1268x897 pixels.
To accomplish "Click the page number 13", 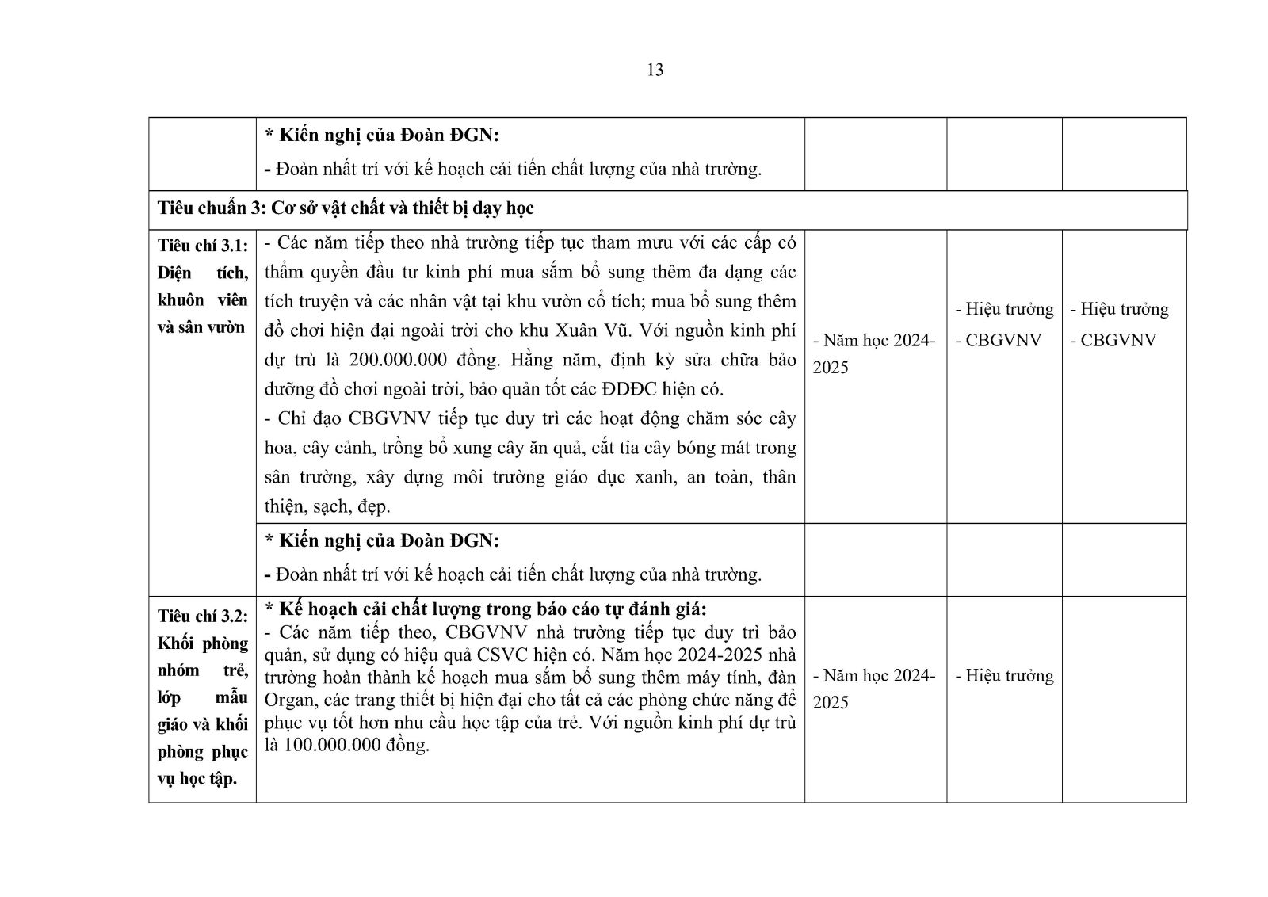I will tap(655, 70).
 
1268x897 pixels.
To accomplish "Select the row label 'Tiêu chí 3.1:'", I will tap(202, 246).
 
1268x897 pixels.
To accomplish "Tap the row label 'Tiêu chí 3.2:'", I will tap(202, 616).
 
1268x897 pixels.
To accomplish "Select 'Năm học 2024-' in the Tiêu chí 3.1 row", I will tap(874, 341).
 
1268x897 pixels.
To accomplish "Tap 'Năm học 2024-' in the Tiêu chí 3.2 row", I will tap(874, 676).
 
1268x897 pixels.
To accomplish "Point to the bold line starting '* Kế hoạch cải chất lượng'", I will tap(485, 609).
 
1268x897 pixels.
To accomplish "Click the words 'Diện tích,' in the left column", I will tap(202, 273).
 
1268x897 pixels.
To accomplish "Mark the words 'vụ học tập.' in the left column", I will tap(197, 778).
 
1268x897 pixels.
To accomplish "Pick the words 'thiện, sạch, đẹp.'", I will tap(327, 506).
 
